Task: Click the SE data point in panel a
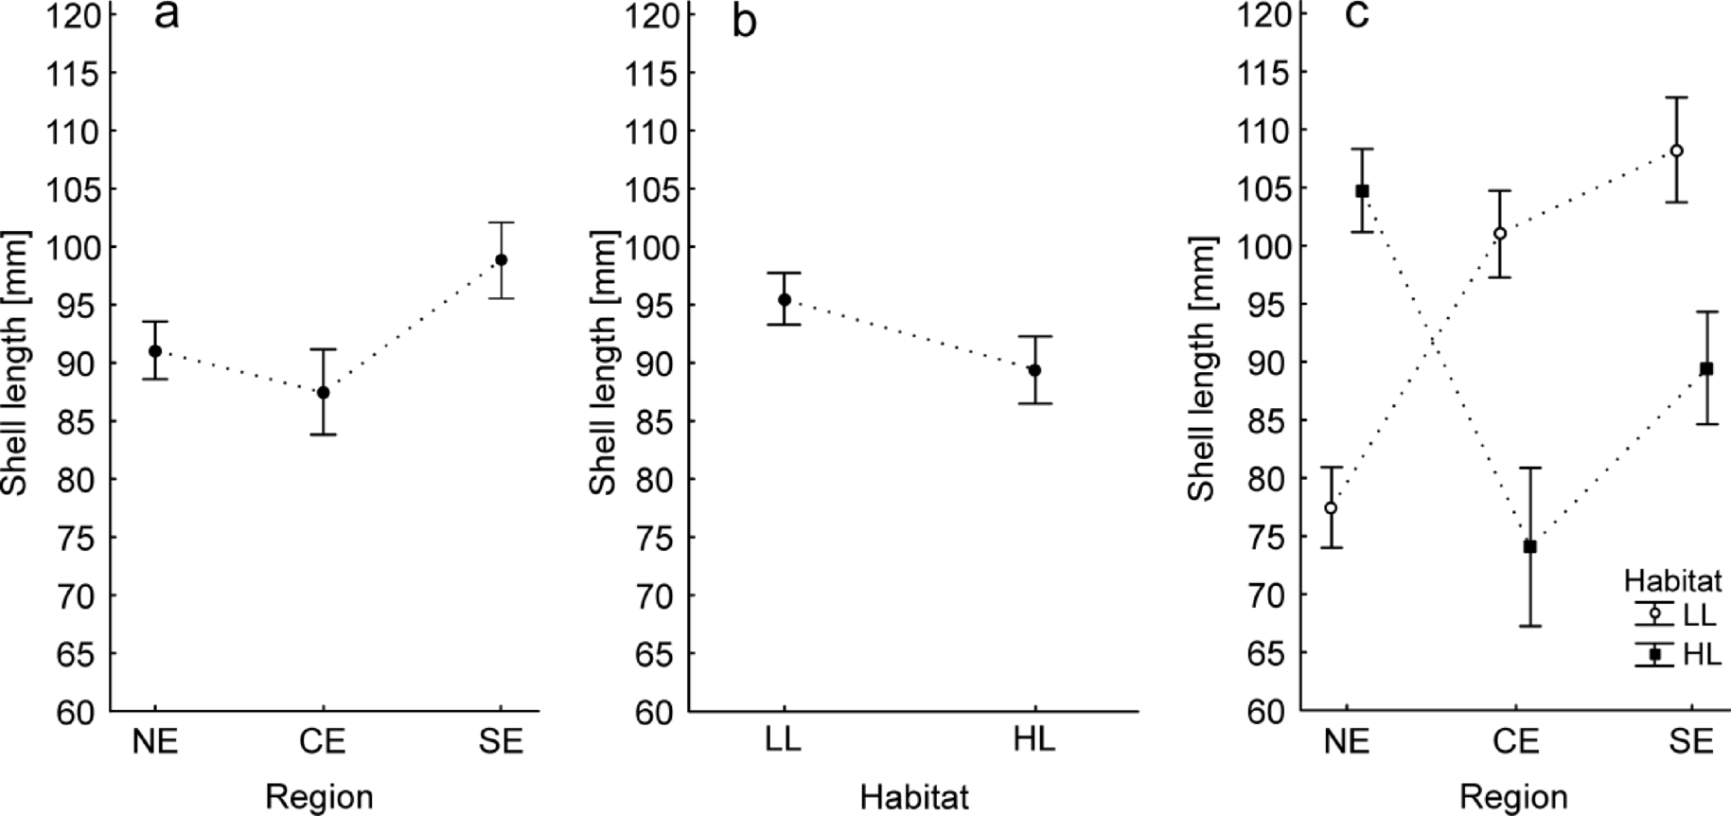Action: click(501, 259)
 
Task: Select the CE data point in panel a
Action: click(324, 392)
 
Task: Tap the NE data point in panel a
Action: click(155, 351)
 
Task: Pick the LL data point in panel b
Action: click(784, 299)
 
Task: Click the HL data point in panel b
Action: click(1034, 370)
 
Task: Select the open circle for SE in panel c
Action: click(1676, 151)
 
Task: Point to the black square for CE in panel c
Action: click(1530, 546)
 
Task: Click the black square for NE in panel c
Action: click(1362, 190)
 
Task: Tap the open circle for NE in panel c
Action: click(1331, 507)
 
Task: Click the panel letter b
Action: click(744, 21)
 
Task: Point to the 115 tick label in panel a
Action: click(73, 73)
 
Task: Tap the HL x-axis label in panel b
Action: click(1033, 739)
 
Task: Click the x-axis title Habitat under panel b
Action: click(913, 796)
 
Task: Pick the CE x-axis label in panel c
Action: click(1515, 740)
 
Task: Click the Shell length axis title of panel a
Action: click(16, 363)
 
